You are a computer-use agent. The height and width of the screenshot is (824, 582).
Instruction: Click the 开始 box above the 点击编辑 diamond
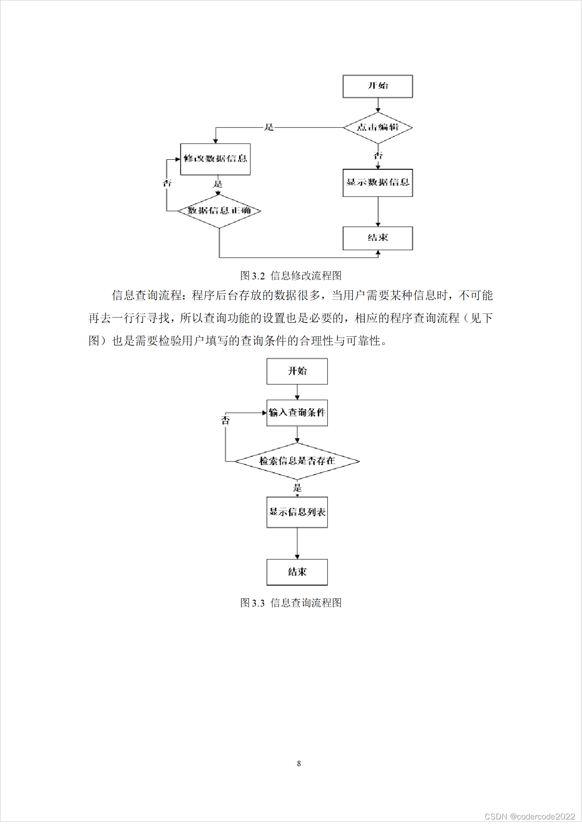coord(377,86)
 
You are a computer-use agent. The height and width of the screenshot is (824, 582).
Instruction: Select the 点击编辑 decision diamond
coord(377,127)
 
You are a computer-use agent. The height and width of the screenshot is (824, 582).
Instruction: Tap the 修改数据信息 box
coord(215,159)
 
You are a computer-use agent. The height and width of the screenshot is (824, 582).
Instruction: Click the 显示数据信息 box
coord(377,182)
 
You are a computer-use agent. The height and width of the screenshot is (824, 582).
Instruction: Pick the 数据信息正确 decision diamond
coord(219,211)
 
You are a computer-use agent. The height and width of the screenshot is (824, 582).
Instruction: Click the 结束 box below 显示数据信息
coord(377,238)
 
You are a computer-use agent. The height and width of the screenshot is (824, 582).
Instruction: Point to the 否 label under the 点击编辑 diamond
coord(378,156)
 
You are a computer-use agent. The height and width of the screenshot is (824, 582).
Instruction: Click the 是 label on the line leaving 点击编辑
coord(269,127)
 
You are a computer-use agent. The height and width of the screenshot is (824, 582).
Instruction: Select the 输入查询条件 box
coord(297,413)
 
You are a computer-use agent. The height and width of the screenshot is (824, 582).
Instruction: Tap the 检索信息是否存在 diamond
coord(297,461)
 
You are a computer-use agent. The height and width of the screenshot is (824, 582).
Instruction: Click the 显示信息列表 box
coord(297,512)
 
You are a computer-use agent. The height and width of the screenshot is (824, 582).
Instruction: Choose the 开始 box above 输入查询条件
coord(297,371)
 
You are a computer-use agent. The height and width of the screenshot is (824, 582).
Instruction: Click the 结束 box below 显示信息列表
coord(297,572)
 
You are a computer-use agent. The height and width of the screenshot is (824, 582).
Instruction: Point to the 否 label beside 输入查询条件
coord(226,420)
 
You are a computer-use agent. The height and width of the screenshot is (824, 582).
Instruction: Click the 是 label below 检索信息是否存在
coord(297,488)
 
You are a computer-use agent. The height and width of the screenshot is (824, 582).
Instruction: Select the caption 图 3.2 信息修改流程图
coord(291,276)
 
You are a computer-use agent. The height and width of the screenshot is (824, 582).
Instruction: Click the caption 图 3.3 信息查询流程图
coord(291,603)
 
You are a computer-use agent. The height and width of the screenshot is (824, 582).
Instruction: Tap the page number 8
coord(299,763)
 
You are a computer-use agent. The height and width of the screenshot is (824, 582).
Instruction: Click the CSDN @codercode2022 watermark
coord(530,816)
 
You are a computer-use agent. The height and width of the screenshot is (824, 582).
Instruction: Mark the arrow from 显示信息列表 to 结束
coord(297,544)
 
